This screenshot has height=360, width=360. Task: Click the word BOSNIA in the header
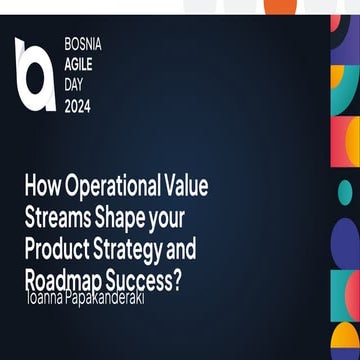[x=82, y=47]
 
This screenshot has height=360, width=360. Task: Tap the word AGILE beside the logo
[x=78, y=64]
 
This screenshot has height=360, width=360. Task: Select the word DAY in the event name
[x=74, y=82]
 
